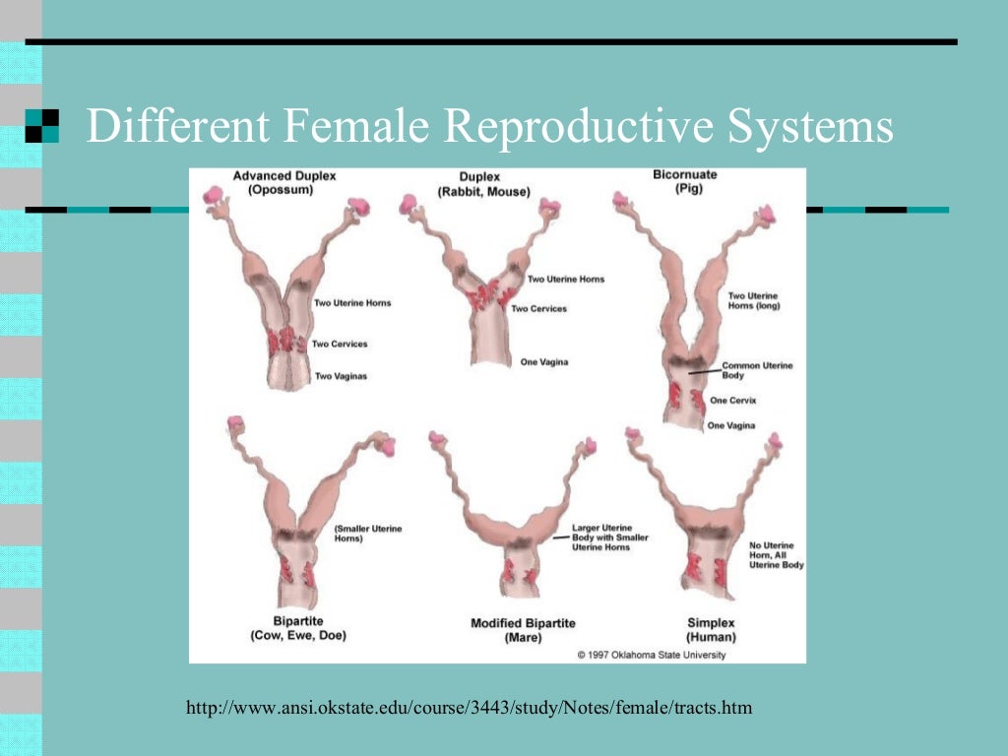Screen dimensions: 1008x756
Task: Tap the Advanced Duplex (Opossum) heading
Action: point(284,183)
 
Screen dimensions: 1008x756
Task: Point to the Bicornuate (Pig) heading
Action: point(685,181)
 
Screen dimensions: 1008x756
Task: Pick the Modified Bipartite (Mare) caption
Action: point(523,630)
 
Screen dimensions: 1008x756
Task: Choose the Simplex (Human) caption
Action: point(711,630)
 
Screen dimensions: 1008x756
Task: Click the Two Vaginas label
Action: point(341,376)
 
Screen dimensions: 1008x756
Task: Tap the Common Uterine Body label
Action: point(757,370)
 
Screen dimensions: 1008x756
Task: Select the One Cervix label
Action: point(732,401)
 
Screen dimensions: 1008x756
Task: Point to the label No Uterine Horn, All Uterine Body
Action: point(777,555)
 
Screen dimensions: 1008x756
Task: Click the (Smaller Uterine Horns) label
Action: point(368,535)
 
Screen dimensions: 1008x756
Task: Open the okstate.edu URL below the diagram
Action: point(469,708)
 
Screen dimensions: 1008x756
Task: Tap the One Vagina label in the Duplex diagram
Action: point(544,362)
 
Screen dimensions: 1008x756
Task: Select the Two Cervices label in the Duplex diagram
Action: point(538,309)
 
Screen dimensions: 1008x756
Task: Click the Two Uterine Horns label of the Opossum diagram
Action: point(352,303)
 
